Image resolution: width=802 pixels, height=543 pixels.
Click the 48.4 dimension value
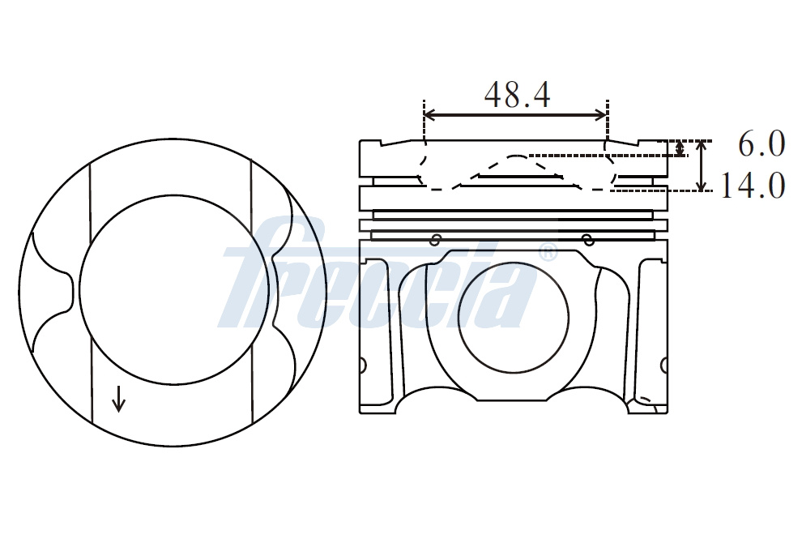click(517, 95)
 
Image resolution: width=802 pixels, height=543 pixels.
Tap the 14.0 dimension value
click(753, 186)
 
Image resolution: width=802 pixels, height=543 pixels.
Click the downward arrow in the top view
click(118, 400)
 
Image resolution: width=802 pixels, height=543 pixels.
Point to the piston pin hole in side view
click(514, 318)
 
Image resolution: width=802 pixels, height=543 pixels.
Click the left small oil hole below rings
click(435, 240)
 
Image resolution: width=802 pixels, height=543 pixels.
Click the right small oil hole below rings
click(589, 239)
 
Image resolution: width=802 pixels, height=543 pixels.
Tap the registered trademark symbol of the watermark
click(548, 252)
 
